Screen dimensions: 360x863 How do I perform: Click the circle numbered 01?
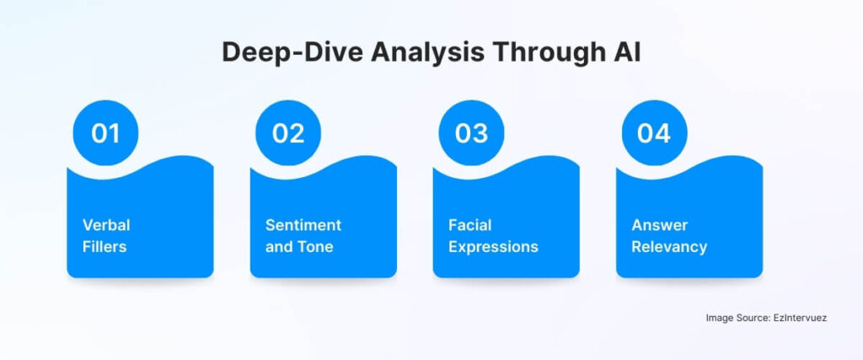pyautogui.click(x=105, y=133)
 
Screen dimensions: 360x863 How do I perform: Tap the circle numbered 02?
pyautogui.click(x=288, y=133)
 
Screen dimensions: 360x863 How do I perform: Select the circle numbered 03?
pyautogui.click(x=471, y=133)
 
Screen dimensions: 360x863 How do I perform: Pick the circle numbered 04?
pyautogui.click(x=654, y=133)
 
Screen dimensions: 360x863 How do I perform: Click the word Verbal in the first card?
pyautogui.click(x=106, y=225)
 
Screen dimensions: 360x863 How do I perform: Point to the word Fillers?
pyautogui.click(x=105, y=247)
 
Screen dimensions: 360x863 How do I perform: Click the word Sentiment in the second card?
pyautogui.click(x=303, y=225)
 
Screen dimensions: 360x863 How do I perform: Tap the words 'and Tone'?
pyautogui.click(x=299, y=247)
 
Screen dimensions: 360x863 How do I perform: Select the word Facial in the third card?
pyautogui.click(x=469, y=225)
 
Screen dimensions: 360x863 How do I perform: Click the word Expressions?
pyautogui.click(x=493, y=247)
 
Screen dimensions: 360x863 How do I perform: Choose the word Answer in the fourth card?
pyautogui.click(x=660, y=225)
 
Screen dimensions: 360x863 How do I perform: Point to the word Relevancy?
pyautogui.click(x=669, y=247)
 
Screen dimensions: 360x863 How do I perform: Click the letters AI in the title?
pyautogui.click(x=624, y=51)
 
